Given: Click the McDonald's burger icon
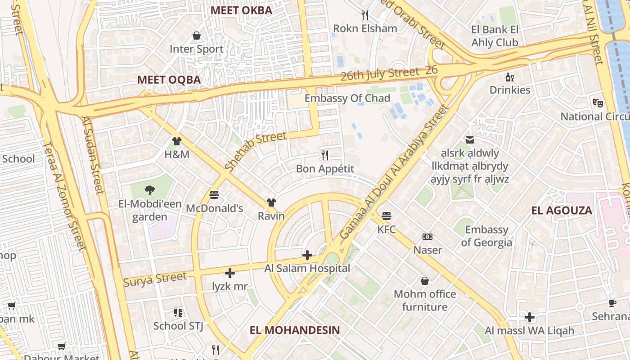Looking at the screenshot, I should click(214, 195).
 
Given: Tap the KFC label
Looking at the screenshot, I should click(386, 229).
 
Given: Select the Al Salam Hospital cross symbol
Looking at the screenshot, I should click(307, 255).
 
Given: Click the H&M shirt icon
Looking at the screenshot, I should click(176, 141).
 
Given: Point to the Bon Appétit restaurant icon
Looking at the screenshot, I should click(324, 155).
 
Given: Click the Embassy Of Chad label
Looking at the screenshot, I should click(347, 98).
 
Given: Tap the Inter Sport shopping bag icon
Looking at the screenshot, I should click(197, 36).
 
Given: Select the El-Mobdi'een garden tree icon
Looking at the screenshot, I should click(149, 190).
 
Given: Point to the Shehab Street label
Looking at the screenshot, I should click(255, 151).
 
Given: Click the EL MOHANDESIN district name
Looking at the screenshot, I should click(295, 330).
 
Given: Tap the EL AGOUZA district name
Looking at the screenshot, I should click(562, 211).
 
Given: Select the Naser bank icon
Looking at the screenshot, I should click(427, 237).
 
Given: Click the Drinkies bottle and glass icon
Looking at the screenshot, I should click(509, 77).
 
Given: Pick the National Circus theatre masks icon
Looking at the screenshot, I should click(598, 103).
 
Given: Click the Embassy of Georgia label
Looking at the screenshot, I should click(486, 236).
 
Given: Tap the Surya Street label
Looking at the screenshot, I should click(155, 279).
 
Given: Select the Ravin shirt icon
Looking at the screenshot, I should click(271, 202).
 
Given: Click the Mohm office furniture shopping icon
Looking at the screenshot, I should click(424, 281).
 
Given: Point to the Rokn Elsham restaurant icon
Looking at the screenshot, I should click(365, 15).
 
